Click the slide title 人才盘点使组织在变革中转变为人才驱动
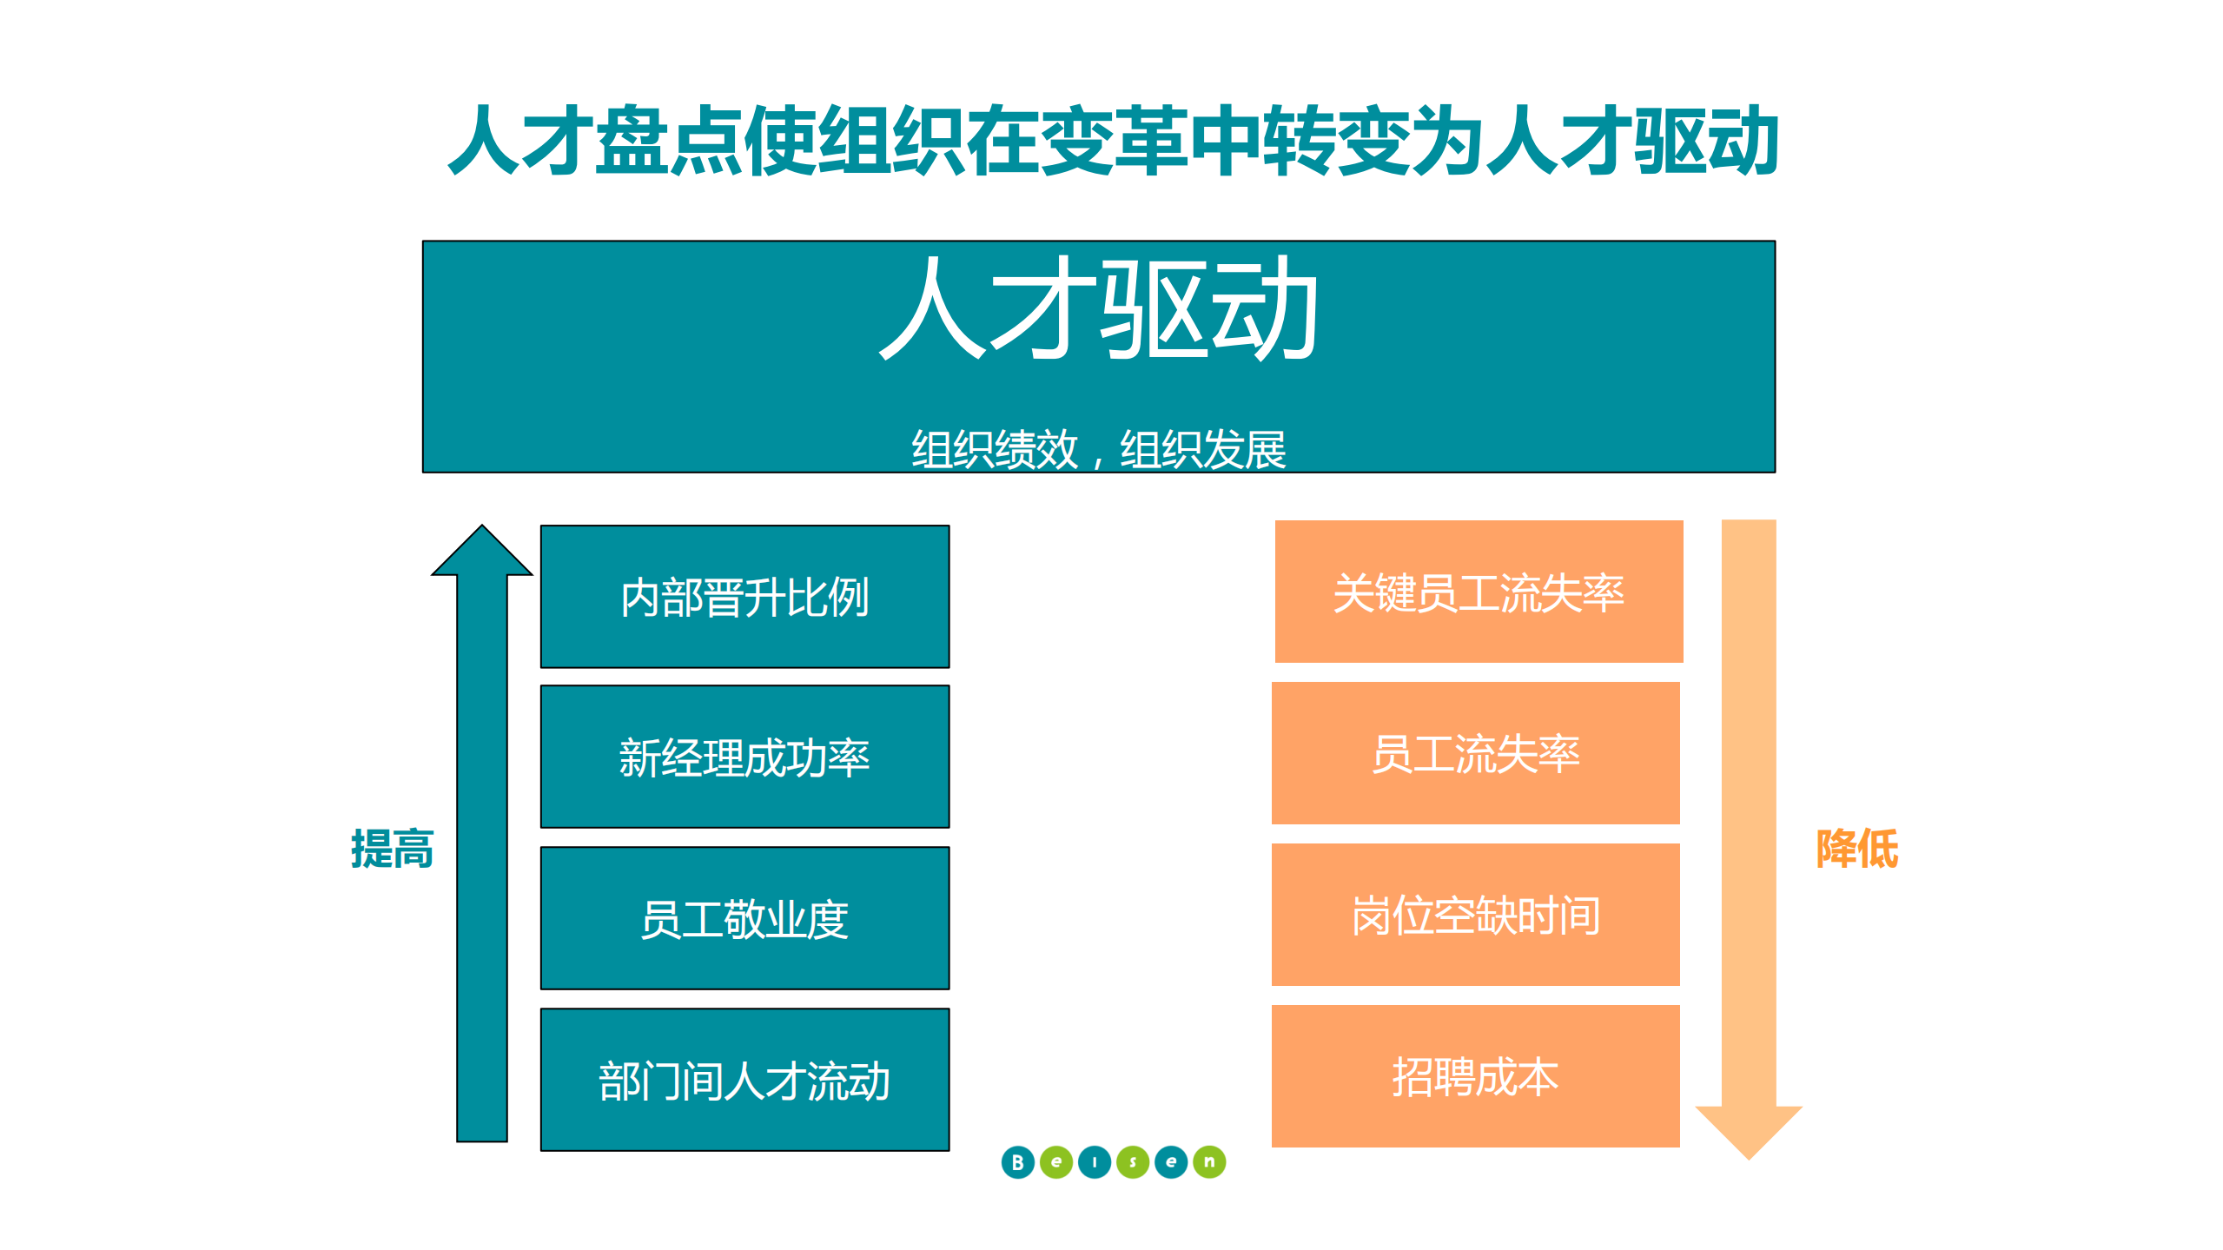[x=1112, y=141]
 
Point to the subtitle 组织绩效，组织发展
[x=1098, y=449]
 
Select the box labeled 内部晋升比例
[x=744, y=597]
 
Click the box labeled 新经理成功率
[x=744, y=757]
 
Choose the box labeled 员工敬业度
[x=744, y=918]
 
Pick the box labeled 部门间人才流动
[x=744, y=1080]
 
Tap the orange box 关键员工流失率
[x=1478, y=592]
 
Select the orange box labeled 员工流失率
[x=1475, y=753]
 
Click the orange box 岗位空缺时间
[x=1475, y=915]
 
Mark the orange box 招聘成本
[x=1475, y=1076]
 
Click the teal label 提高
[x=392, y=849]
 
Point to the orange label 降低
[x=1856, y=849]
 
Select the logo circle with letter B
[x=1017, y=1162]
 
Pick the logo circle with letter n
[x=1209, y=1162]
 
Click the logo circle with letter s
[x=1133, y=1162]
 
